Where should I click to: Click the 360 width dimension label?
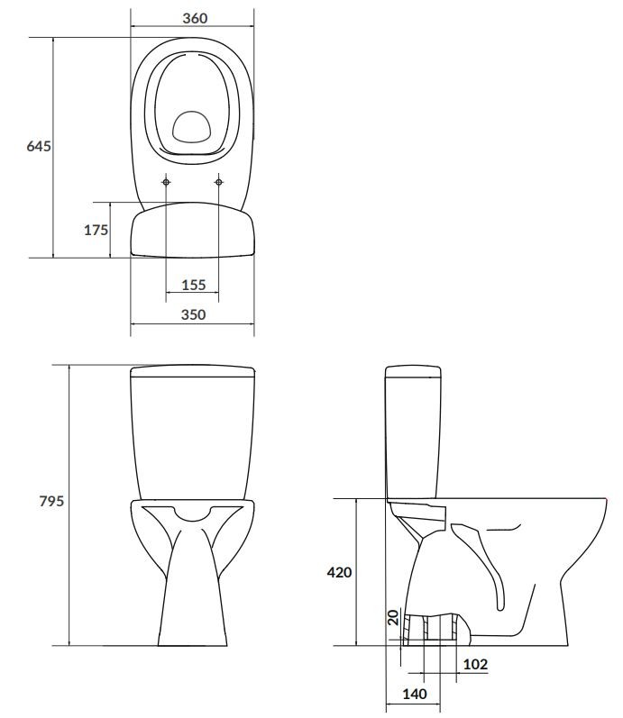[195, 18]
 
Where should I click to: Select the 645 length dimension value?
[39, 146]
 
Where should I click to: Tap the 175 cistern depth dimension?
[96, 230]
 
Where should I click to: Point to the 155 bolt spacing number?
[194, 285]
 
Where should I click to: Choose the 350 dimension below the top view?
[194, 314]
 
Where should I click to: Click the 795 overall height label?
[51, 501]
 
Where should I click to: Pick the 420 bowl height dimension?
[339, 572]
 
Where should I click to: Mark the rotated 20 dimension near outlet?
[393, 618]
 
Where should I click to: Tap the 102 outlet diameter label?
[475, 664]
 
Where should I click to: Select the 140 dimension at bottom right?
[415, 695]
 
